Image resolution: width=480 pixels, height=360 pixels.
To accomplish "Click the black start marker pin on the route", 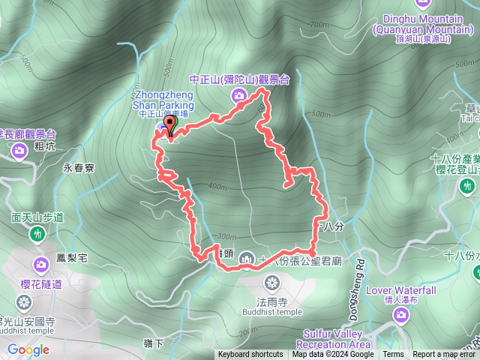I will click(168, 125).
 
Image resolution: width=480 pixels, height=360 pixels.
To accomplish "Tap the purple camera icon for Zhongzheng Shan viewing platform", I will click(239, 94).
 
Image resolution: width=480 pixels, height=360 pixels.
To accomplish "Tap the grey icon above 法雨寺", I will click(271, 283).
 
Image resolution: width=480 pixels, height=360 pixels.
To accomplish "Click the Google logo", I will click(28, 349).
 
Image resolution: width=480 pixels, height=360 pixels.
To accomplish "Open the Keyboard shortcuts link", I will click(250, 355).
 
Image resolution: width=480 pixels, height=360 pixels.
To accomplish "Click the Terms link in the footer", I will click(393, 355).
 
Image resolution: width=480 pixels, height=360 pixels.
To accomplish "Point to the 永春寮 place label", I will click(78, 169).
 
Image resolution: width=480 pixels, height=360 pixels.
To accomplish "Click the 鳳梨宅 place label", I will click(72, 258).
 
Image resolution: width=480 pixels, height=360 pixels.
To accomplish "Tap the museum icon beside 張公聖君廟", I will click(247, 259).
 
